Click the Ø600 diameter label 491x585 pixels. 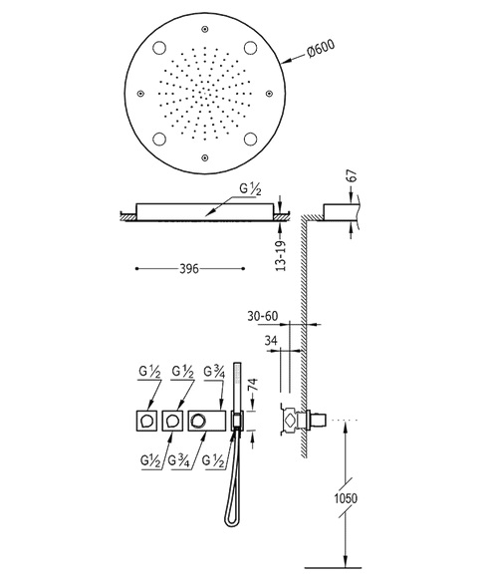pyautogui.click(x=321, y=48)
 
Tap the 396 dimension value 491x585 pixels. pyautogui.click(x=189, y=269)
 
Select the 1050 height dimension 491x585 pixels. pyautogui.click(x=346, y=498)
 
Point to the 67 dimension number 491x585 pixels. pyautogui.click(x=352, y=176)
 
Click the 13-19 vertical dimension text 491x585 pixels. pyautogui.click(x=281, y=256)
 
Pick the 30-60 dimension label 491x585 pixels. pyautogui.click(x=263, y=316)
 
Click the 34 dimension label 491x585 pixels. pyautogui.click(x=271, y=341)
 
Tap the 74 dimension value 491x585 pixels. pyautogui.click(x=253, y=385)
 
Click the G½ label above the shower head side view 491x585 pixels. pyautogui.click(x=250, y=189)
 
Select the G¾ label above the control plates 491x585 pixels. pyautogui.click(x=214, y=372)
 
